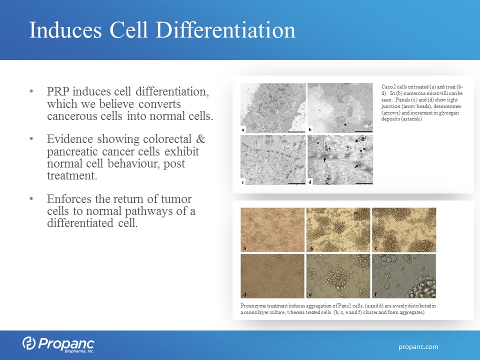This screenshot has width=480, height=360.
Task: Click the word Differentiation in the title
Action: coord(225,30)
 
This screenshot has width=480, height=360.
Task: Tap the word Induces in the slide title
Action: coord(65,30)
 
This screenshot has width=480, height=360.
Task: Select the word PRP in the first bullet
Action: coord(58,91)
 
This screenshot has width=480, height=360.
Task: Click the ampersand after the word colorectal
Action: coord(200,139)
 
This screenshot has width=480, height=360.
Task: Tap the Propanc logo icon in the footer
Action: coord(29,343)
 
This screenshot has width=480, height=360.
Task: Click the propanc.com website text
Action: coord(418,347)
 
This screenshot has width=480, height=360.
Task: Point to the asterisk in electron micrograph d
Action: coord(356,141)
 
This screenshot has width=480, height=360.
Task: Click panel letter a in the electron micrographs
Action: coord(243,130)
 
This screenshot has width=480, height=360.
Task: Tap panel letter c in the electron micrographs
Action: coord(243,182)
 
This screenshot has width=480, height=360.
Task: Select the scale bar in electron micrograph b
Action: coord(364,131)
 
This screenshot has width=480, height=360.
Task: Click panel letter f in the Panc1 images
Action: coord(375,295)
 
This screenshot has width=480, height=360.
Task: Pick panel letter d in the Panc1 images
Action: coord(245,295)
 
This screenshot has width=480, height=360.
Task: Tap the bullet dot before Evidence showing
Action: coord(31,139)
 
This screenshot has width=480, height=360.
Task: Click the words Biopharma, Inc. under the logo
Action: coord(79,351)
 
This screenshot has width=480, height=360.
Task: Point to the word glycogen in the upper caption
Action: coord(449,112)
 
